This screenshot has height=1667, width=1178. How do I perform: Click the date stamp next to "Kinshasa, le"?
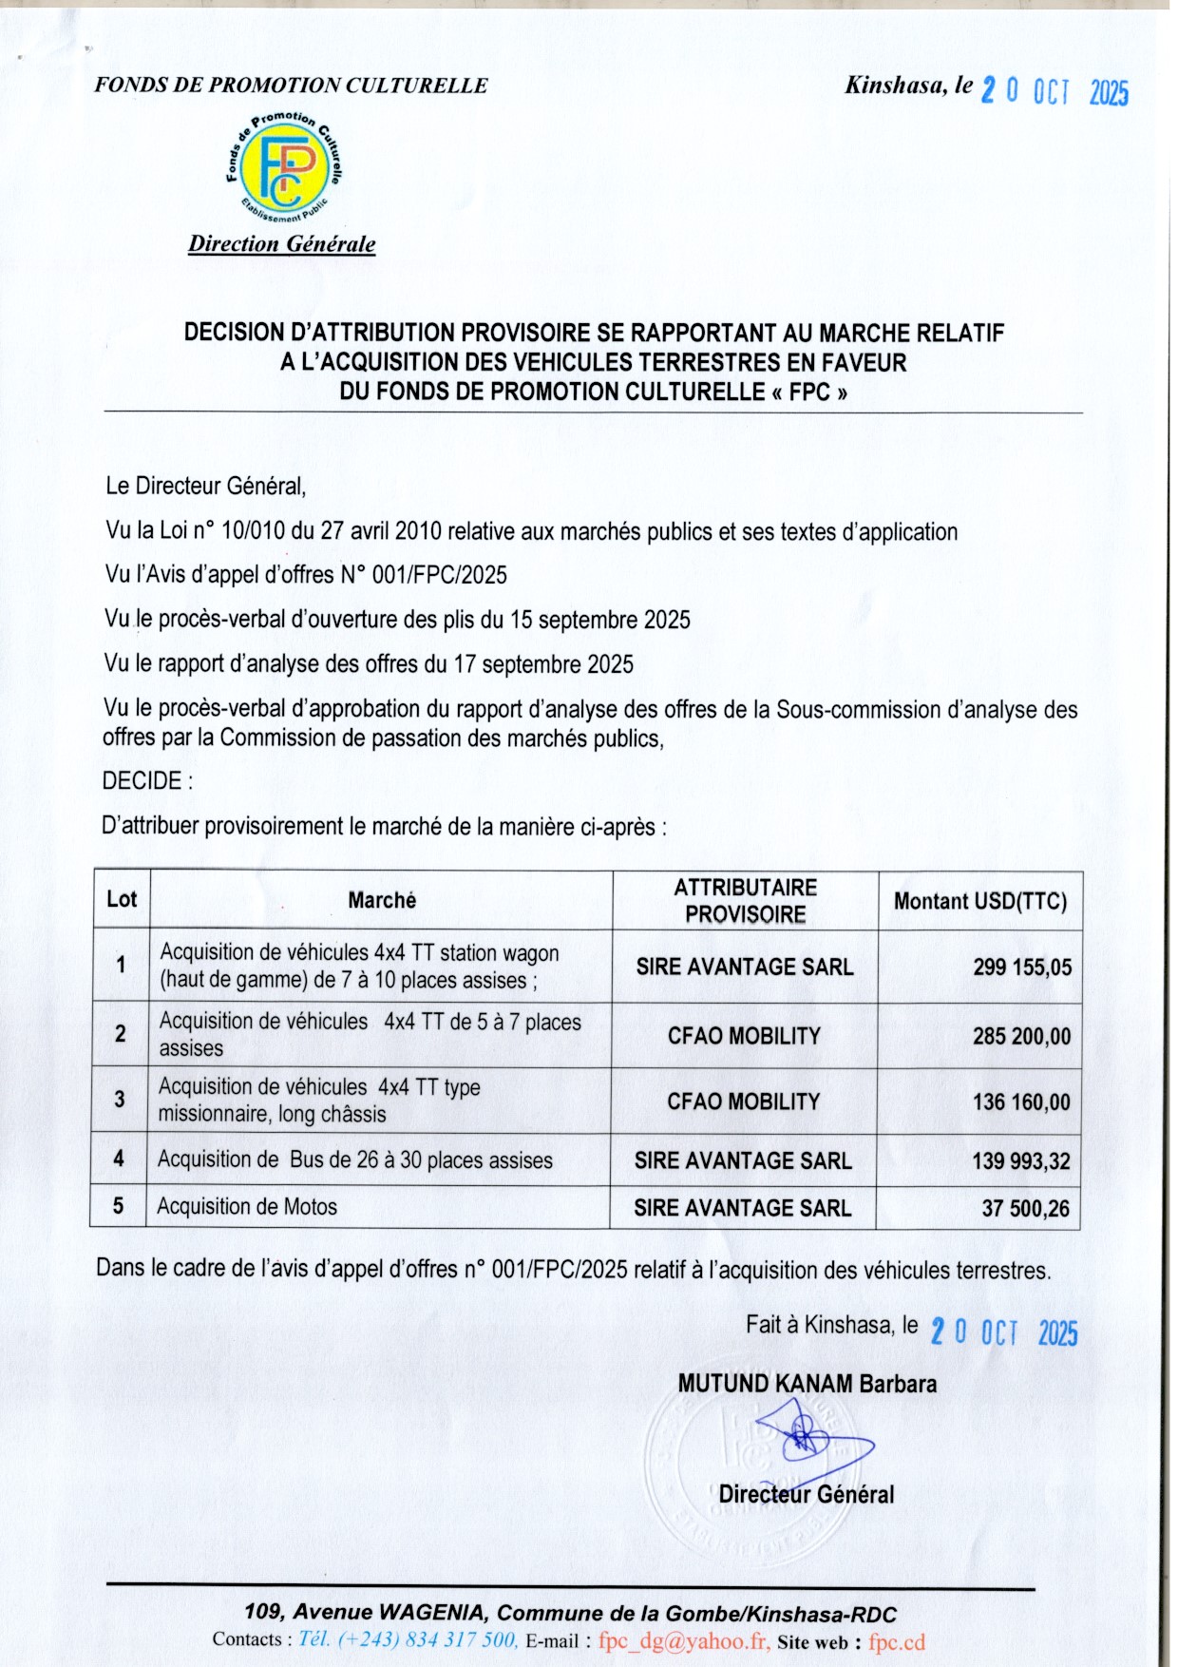1054,91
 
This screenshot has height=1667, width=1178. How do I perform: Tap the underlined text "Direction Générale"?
281,244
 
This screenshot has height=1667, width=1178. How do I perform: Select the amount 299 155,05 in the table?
1022,968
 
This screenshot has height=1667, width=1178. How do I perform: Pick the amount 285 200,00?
1021,1036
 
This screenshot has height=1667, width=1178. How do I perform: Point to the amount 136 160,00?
1021,1102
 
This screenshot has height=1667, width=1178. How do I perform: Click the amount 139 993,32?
1021,1161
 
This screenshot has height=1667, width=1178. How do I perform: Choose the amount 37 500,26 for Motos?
1025,1209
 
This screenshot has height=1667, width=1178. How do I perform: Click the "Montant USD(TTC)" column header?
980,901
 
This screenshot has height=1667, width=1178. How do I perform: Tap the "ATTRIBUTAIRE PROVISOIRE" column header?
746,901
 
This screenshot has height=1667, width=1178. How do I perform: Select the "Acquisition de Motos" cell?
247,1207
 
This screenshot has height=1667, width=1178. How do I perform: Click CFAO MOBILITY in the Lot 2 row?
744,1036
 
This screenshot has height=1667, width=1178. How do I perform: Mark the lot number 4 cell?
119,1159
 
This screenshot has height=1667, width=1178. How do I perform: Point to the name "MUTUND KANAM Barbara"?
807,1384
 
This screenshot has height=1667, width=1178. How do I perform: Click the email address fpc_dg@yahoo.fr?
684,1641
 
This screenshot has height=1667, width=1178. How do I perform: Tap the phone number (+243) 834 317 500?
408,1639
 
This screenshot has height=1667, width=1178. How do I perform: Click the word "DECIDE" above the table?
142,781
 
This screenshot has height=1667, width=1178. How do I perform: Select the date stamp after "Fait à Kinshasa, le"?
1003,1332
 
